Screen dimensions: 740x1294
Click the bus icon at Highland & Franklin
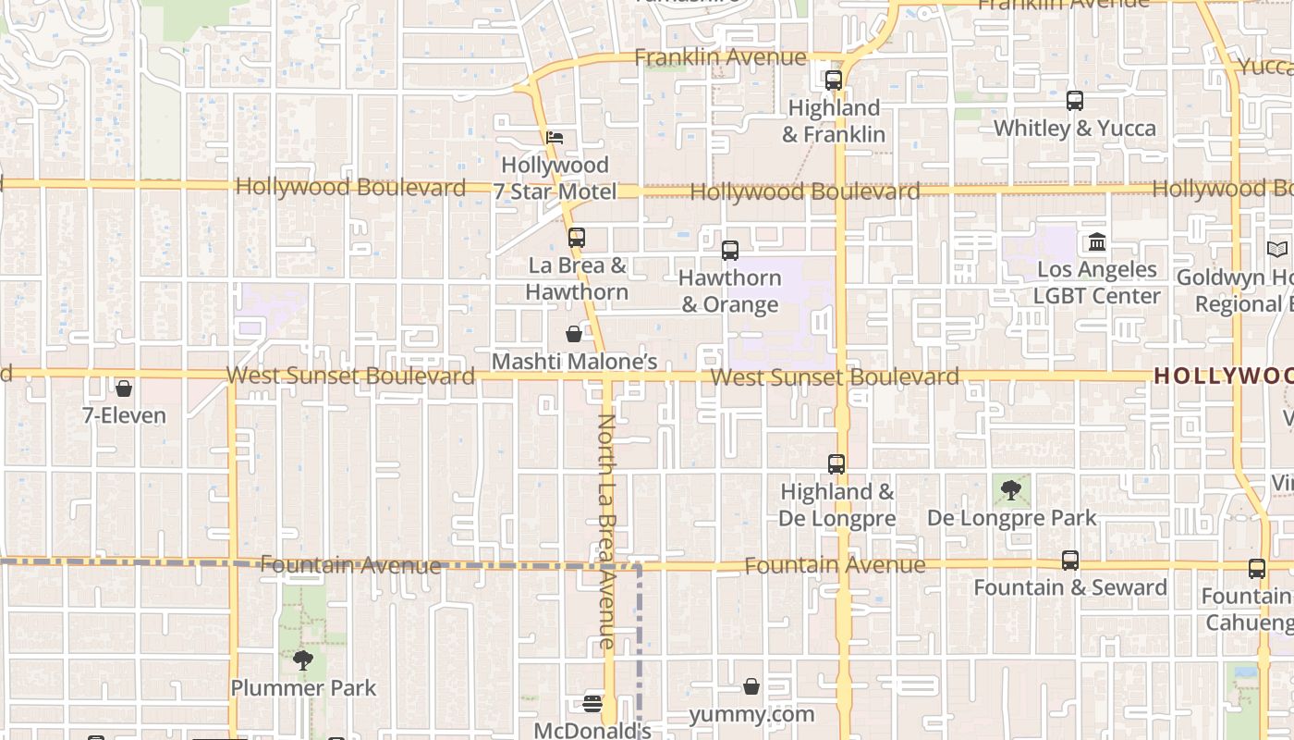[834, 80]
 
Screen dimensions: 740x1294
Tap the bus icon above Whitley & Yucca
[1074, 101]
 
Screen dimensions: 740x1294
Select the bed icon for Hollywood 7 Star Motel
[555, 138]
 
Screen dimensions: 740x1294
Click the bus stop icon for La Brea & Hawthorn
[577, 238]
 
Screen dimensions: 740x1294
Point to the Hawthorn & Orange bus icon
[730, 250]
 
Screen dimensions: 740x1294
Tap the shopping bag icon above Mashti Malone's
[574, 334]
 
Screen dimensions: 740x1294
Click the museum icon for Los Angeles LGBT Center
[1097, 242]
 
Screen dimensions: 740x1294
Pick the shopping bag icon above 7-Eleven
[124, 388]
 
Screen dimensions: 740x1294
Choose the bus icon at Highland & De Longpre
[836, 464]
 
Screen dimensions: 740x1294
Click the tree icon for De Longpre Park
[1011, 490]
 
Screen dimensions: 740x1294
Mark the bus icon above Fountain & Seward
[1069, 561]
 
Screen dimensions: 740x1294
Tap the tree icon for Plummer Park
[302, 660]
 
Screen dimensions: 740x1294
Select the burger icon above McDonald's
[592, 704]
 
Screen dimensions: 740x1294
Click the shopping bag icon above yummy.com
[751, 686]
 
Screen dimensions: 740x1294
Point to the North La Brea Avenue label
[605, 531]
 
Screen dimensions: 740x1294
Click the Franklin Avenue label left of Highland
[720, 57]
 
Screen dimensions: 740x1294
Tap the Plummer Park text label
[303, 688]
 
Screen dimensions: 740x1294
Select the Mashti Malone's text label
[574, 362]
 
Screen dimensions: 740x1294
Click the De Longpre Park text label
[1011, 518]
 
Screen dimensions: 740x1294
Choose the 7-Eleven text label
[124, 416]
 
